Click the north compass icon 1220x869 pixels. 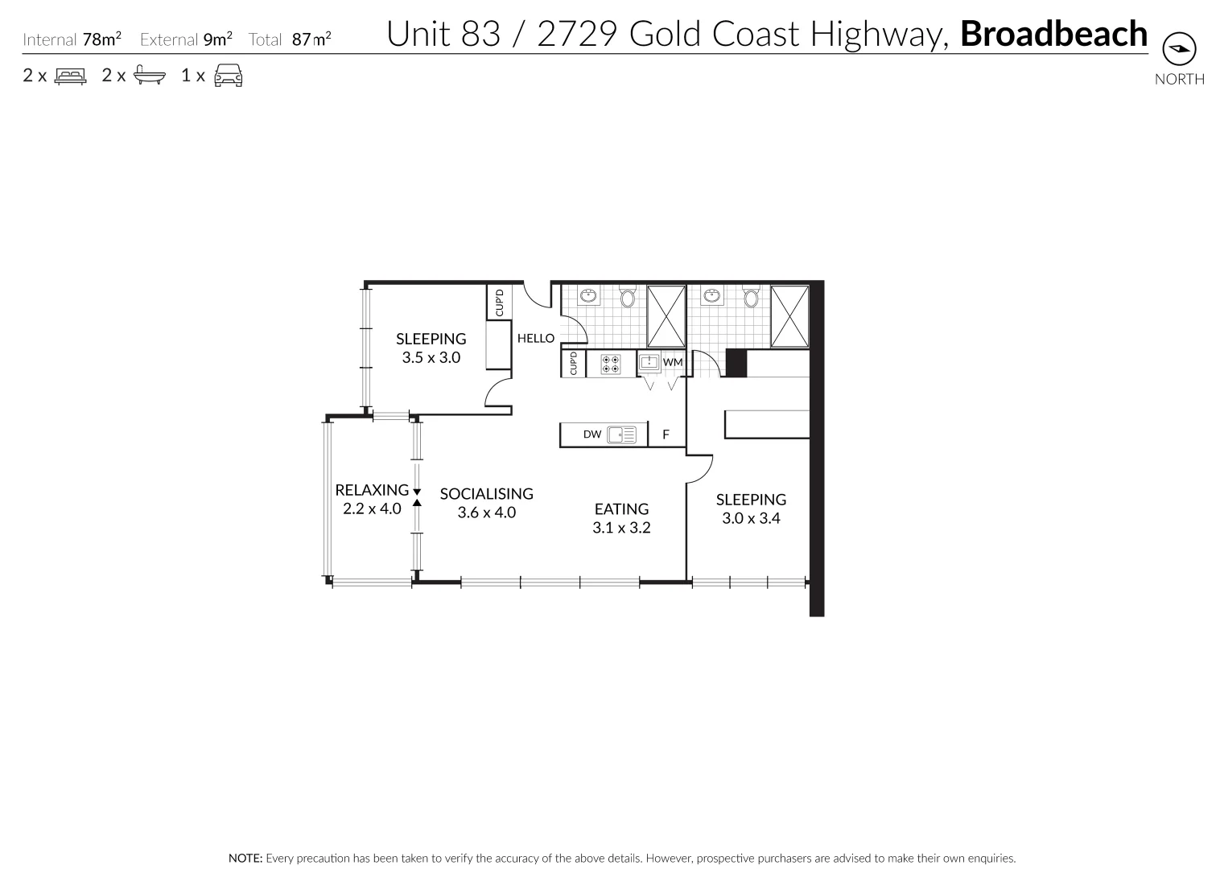(1180, 50)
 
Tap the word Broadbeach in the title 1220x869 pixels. (1053, 34)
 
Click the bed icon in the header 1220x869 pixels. (70, 76)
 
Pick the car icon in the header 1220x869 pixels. (229, 76)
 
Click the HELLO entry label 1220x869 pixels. (535, 339)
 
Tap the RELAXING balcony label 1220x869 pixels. (372, 490)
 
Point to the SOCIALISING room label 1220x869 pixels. (486, 494)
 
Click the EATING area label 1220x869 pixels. (621, 509)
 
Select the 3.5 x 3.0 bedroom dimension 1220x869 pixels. (431, 358)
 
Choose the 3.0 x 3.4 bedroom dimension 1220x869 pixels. (751, 519)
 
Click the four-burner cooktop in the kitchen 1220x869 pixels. (611, 363)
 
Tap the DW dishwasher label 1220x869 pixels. (592, 434)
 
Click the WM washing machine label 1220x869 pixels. (673, 363)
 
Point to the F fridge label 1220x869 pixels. (666, 435)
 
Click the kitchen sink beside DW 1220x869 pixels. (622, 434)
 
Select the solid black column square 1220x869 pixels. (736, 363)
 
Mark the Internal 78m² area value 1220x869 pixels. (101, 39)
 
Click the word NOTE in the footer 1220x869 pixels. (245, 859)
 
